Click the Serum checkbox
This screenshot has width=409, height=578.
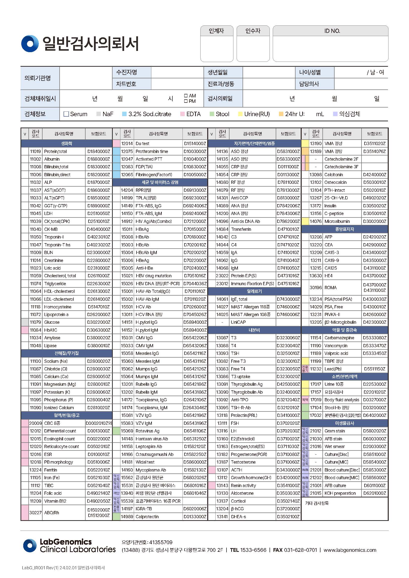[x=66, y=114]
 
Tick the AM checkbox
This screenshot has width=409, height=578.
[x=186, y=96]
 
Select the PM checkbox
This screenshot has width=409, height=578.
[x=186, y=101]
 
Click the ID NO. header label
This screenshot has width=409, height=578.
[x=332, y=31]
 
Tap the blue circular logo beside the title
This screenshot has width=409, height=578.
[x=30, y=43]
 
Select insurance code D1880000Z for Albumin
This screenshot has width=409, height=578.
[x=98, y=159]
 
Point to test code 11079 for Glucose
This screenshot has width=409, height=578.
[x=35, y=322]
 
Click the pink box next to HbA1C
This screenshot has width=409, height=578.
[x=25, y=330]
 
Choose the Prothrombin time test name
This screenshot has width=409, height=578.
[x=152, y=151]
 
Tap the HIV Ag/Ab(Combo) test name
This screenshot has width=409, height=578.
[x=154, y=221]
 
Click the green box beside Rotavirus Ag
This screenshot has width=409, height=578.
[x=116, y=431]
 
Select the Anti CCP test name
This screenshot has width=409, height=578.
[x=239, y=198]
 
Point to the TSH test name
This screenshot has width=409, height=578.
[x=235, y=353]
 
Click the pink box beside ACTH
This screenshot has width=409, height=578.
[x=212, y=470]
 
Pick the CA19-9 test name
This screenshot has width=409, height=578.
[x=331, y=260]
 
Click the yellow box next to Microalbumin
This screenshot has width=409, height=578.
[x=305, y=221]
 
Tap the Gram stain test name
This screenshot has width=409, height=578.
[x=335, y=431]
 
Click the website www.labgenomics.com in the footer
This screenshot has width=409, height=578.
[x=350, y=550]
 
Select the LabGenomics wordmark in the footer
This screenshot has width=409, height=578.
[x=66, y=542]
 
